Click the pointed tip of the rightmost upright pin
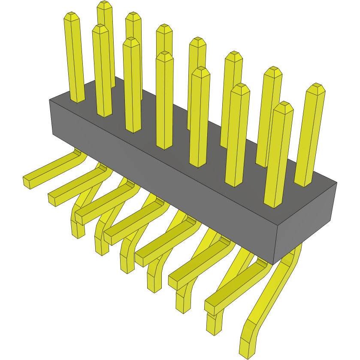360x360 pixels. coord(317,88)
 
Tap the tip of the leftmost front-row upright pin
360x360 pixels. coord(100,28)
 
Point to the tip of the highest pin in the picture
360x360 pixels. coord(104,4)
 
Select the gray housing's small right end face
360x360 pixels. coord(305,223)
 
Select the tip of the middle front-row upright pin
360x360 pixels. coord(165,55)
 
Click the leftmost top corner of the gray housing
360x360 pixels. coord(50,100)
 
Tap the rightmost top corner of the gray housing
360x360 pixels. coord(336,183)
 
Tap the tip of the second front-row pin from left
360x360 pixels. coord(131,41)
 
